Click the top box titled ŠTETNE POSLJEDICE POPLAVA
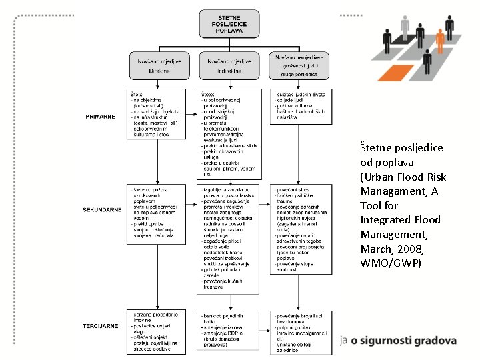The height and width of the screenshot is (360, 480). pos(229,23)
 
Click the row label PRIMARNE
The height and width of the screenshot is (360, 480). pos(100,117)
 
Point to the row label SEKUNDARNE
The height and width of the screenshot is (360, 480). pos(102,210)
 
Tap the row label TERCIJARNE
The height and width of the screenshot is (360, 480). pos(101,326)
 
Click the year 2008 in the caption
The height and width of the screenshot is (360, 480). pos(400,249)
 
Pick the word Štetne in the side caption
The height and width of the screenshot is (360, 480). pos(375,147)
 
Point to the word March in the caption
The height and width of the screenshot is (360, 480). pos(376,249)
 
